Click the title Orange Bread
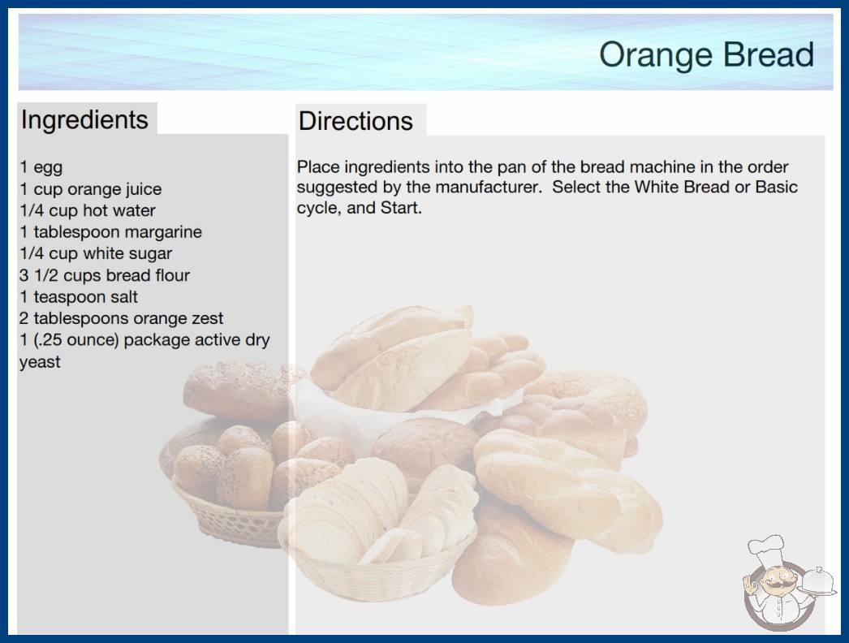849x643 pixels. [706, 55]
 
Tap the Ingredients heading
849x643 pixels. [84, 120]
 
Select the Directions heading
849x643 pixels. [356, 121]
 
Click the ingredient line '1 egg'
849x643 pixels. [41, 167]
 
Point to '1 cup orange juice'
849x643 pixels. [90, 189]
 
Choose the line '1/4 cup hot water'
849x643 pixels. [88, 210]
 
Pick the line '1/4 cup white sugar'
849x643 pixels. [96, 253]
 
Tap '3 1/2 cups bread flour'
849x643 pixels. [105, 275]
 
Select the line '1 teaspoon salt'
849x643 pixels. [79, 297]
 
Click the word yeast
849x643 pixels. [40, 362]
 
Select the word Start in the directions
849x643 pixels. [401, 208]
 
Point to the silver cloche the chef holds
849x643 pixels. [817, 582]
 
